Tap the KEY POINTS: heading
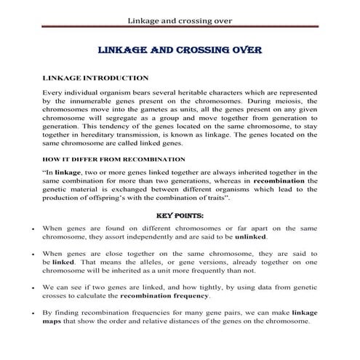[180, 215]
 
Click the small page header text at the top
[180, 20]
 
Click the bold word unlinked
[249, 237]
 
